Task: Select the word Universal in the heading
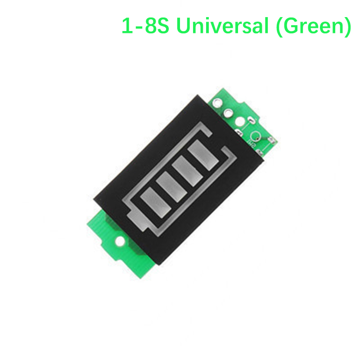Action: click(222, 26)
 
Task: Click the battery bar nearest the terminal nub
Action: click(156, 202)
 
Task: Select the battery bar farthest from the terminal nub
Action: click(203, 155)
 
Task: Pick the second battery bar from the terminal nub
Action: click(171, 187)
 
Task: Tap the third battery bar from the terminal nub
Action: click(188, 171)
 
